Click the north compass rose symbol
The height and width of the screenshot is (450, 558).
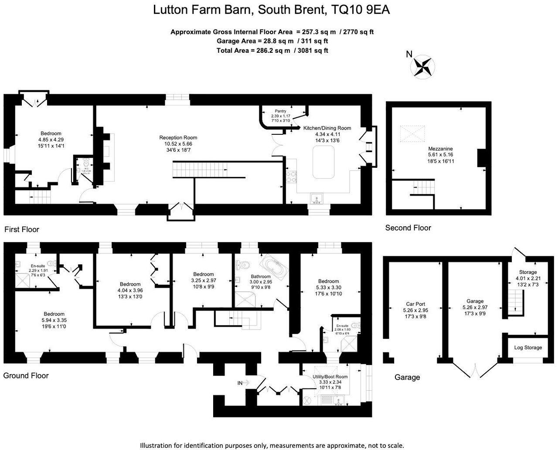point(422,67)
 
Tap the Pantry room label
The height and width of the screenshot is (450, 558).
point(280,111)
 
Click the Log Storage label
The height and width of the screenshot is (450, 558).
point(527,348)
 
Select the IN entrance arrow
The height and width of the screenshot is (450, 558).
point(243,383)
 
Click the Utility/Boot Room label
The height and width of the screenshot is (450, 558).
point(330,377)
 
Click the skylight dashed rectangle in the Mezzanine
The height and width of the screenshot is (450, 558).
point(412,134)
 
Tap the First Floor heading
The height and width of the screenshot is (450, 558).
point(22,229)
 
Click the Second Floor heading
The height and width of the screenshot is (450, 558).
point(408,228)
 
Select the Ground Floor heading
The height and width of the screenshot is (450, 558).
point(26,375)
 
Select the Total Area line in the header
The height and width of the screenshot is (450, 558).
point(272,51)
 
